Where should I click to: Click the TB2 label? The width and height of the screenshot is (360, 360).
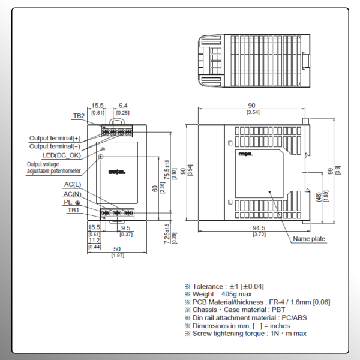(x=79, y=116)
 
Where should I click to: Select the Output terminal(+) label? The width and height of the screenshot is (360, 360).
(x=55, y=138)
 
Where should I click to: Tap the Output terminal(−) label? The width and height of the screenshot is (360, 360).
(x=55, y=146)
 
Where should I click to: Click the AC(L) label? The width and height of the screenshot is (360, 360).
(x=73, y=184)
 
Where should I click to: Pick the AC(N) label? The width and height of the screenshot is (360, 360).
(x=73, y=194)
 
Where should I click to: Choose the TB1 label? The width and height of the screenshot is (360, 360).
(x=73, y=210)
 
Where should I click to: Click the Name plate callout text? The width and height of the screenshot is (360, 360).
(x=309, y=239)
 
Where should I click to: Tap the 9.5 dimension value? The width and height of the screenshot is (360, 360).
(x=125, y=227)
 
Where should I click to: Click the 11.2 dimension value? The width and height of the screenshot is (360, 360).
(x=94, y=240)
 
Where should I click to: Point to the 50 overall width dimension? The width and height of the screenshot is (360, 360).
(x=117, y=249)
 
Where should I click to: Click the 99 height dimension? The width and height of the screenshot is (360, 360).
(x=331, y=170)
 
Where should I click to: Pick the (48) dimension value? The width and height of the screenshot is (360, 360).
(x=318, y=196)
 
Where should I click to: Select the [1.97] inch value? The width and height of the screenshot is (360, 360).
(x=117, y=256)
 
